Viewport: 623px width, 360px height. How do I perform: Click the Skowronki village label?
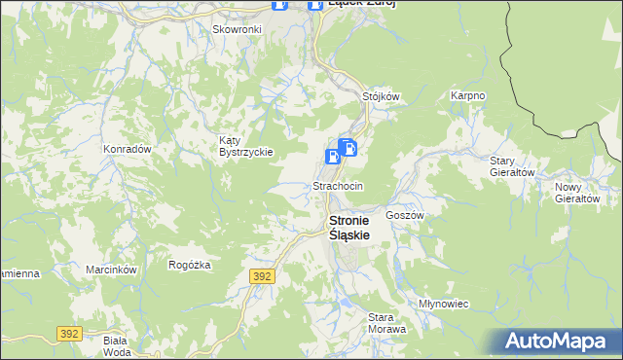pos(237,29)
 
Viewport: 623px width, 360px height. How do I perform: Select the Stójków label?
pos(382,97)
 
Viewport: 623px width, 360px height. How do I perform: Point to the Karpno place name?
pos(467,96)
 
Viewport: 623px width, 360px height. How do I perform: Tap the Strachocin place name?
pos(338,185)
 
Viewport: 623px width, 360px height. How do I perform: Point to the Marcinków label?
pos(108,270)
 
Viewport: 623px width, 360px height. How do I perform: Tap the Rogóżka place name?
pos(190,265)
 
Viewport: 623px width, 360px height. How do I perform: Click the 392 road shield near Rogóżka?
pos(262,276)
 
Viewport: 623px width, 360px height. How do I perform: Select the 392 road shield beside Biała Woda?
pos(68,334)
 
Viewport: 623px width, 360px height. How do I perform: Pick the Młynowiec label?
pos(443,304)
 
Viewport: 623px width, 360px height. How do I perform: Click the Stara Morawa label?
pos(386,323)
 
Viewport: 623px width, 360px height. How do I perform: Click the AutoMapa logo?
pos(559,342)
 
